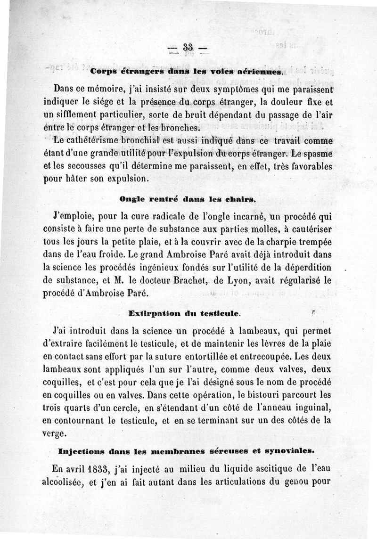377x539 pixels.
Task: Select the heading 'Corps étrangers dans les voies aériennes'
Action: point(187,72)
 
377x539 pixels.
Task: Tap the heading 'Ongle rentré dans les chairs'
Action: point(188,199)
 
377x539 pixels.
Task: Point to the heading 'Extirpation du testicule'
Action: point(184,313)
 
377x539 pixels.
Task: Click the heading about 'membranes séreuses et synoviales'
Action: point(186,450)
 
